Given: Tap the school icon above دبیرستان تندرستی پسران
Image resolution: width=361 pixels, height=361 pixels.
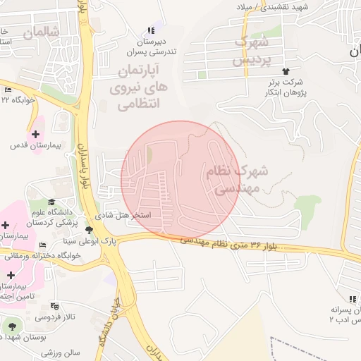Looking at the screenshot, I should click(x=150, y=30).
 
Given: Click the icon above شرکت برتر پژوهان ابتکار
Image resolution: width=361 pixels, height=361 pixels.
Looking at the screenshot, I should click(x=286, y=71).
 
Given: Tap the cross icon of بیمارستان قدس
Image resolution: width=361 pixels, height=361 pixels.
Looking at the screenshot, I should click(x=35, y=134).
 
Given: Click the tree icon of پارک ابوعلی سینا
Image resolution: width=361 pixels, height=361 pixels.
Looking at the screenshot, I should click(x=89, y=231).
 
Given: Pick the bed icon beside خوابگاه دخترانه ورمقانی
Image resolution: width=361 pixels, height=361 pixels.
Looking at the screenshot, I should click(x=43, y=245).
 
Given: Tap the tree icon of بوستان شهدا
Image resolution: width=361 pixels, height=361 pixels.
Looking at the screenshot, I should click(x=11, y=326).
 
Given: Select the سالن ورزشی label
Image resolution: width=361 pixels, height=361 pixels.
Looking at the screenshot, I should click(x=61, y=352).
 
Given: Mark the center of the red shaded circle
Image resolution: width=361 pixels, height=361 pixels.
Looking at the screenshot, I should click(x=180, y=180).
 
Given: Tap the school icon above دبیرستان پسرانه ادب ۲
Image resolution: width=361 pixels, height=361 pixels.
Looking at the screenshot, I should click(x=353, y=299).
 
